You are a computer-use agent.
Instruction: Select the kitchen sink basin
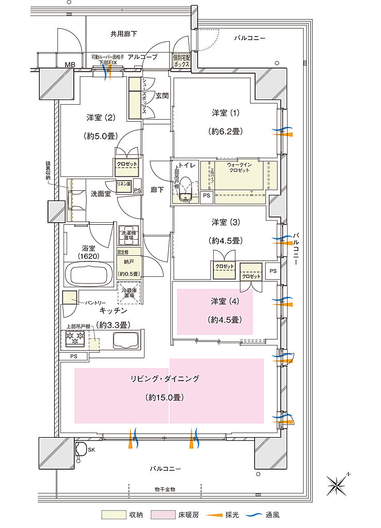(x=124, y=341)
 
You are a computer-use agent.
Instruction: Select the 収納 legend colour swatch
(x=114, y=515)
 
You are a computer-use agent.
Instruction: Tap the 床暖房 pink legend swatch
(x=164, y=515)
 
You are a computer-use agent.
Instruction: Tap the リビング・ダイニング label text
(x=164, y=378)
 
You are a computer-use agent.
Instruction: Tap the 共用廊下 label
(x=123, y=34)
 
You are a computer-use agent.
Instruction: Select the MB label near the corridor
(x=69, y=64)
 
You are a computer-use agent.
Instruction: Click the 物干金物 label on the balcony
(x=164, y=489)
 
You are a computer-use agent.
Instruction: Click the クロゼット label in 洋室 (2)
(x=127, y=164)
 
